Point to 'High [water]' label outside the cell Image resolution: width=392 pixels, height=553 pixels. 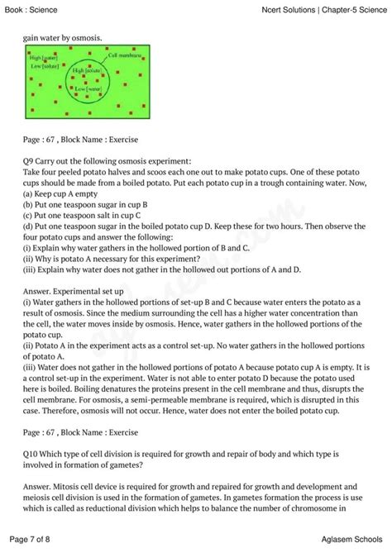point(42,59)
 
